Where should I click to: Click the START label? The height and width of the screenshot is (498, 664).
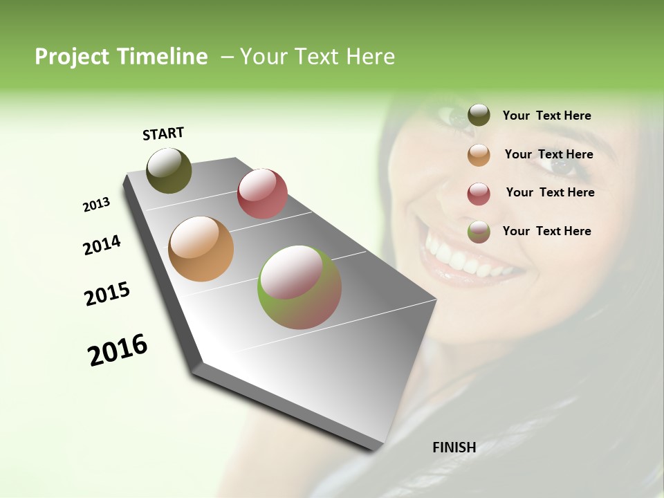click(163, 133)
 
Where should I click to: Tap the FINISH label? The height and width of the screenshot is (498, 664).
click(454, 448)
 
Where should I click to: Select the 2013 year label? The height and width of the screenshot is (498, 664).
click(96, 205)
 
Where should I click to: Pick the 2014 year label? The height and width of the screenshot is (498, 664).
click(102, 245)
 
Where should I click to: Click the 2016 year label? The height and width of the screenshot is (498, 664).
click(118, 350)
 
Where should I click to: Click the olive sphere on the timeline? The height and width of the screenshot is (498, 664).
click(169, 170)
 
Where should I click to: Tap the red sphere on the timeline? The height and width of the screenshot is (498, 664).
click(262, 194)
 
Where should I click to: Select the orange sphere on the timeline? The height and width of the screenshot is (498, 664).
click(201, 249)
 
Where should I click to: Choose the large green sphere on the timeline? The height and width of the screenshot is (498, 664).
click(299, 287)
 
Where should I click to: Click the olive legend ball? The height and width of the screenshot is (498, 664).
click(479, 116)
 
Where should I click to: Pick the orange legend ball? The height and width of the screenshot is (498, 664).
click(479, 155)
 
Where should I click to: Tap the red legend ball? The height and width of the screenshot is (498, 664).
click(479, 194)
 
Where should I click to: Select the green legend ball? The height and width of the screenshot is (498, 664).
click(479, 232)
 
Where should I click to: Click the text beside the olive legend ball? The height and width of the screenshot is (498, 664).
click(546, 116)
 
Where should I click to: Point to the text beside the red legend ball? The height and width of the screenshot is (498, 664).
click(550, 192)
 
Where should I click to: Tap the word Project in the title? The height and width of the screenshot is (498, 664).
click(73, 57)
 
